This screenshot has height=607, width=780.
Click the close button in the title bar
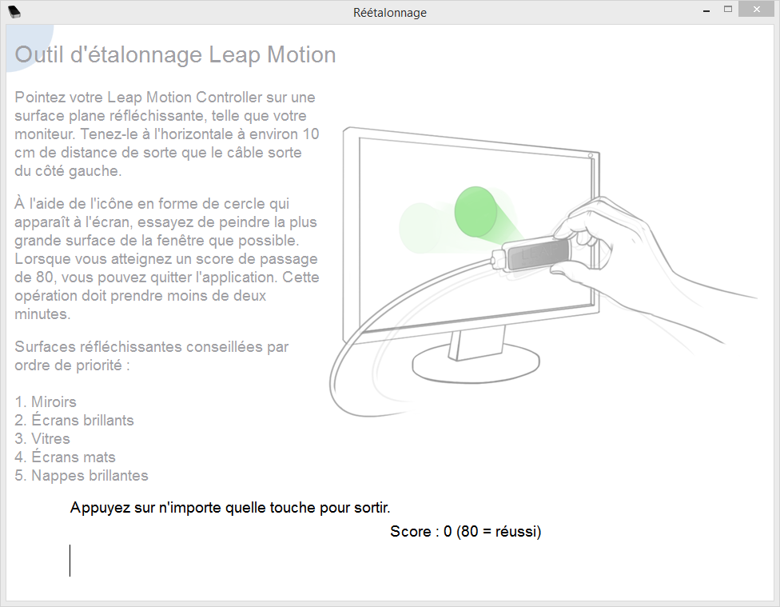click(757, 10)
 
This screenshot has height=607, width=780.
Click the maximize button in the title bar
click(728, 9)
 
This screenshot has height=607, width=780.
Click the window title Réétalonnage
click(390, 13)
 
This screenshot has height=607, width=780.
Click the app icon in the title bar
click(14, 12)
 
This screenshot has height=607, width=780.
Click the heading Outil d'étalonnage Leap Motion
click(175, 54)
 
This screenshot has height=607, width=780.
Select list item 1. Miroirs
click(46, 401)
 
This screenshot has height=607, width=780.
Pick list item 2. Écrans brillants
click(74, 421)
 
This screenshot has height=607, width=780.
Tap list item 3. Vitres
click(42, 439)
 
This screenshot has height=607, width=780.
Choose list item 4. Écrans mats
click(65, 457)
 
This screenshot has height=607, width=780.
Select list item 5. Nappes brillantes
click(81, 476)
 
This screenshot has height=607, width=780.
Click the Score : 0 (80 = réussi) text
click(465, 531)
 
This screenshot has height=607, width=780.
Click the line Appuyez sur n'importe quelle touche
click(230, 508)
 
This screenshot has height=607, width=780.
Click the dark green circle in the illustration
click(476, 212)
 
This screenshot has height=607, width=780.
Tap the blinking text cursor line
click(70, 560)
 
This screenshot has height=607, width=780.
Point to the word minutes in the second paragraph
click(42, 314)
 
